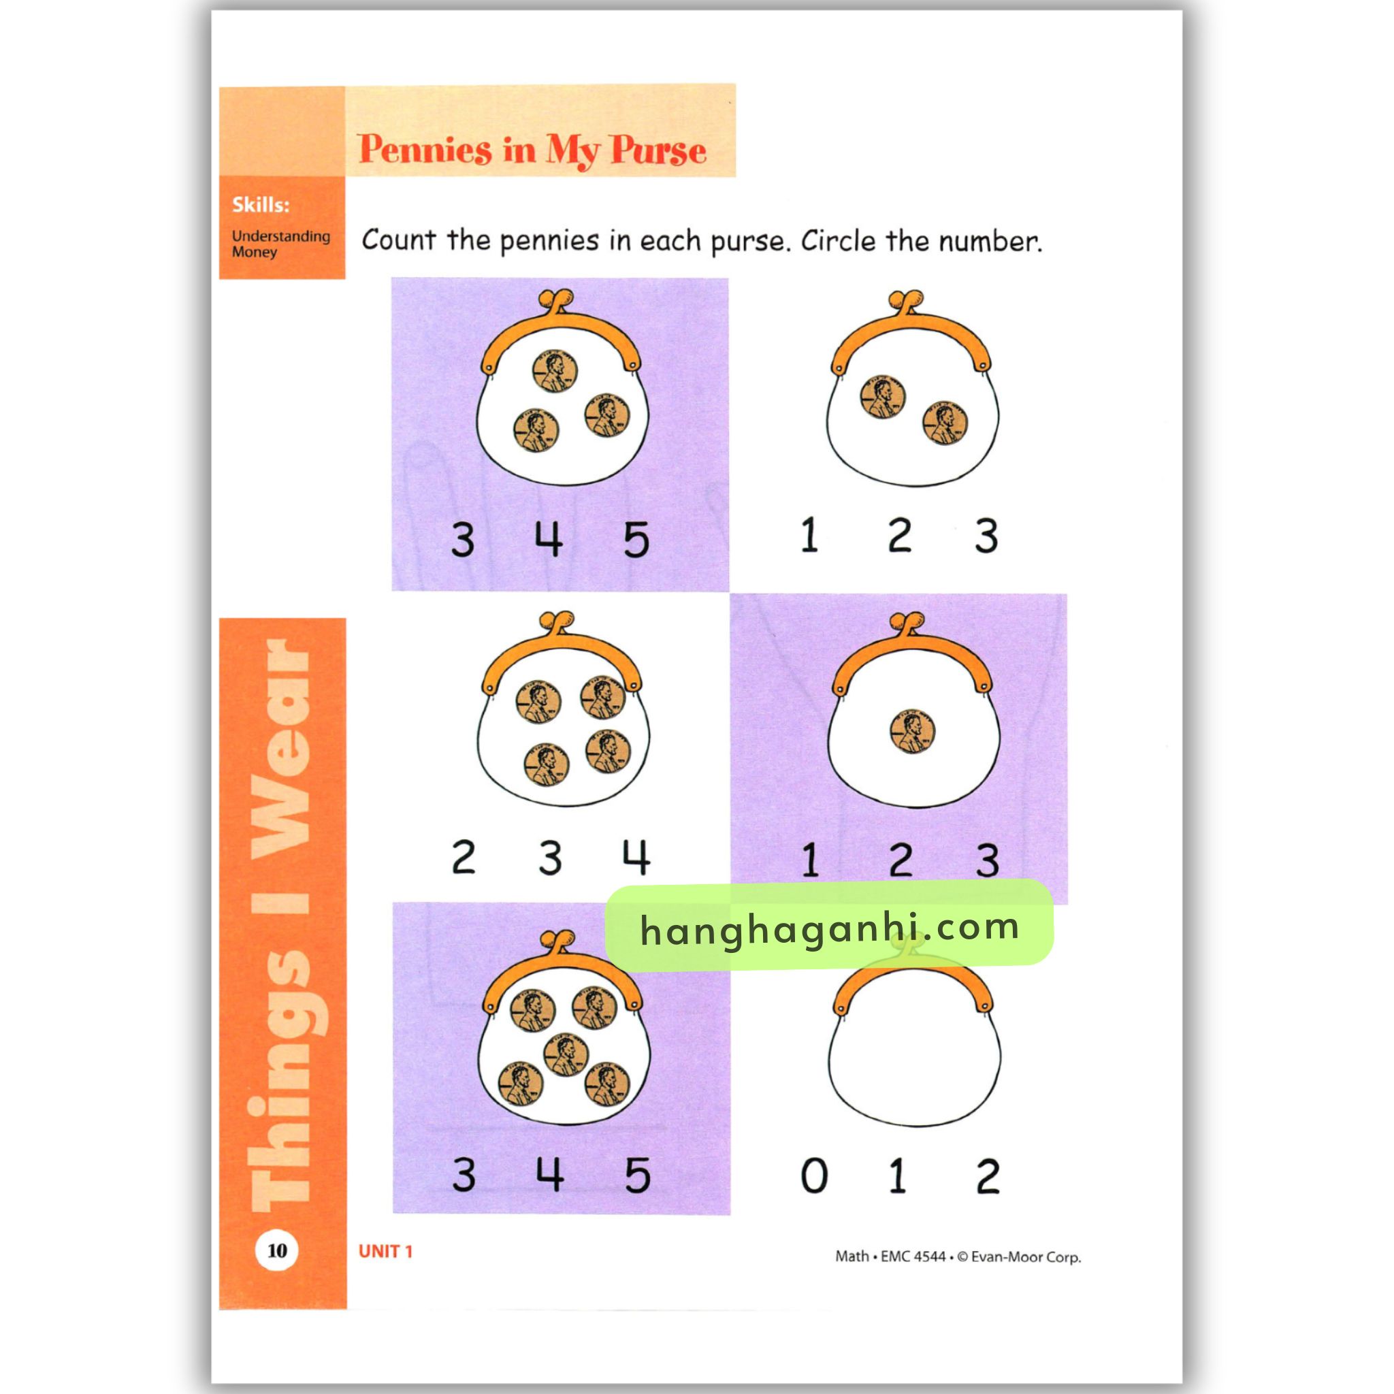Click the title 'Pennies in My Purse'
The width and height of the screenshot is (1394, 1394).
point(532,149)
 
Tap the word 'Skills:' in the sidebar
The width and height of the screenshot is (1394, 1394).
point(261,205)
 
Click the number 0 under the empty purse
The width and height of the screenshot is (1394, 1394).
point(814,1176)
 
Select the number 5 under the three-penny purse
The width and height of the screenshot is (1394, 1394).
point(636,540)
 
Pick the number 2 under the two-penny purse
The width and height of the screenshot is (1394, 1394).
point(900,536)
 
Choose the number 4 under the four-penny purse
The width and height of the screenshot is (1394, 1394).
point(636,857)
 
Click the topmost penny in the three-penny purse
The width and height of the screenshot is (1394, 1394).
point(555,372)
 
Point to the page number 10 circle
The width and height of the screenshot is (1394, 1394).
point(277,1250)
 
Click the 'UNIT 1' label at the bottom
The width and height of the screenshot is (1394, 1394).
point(385,1251)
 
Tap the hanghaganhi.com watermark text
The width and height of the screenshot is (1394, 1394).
point(830,928)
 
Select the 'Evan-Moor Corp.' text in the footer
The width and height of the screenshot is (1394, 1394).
point(1026,1257)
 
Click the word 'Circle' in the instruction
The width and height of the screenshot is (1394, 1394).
point(840,240)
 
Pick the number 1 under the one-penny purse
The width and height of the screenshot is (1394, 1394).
point(810,860)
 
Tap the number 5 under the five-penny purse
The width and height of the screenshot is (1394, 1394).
point(637,1176)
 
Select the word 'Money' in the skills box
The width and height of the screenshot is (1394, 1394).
point(254,253)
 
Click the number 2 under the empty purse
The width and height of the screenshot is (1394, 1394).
point(987,1176)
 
